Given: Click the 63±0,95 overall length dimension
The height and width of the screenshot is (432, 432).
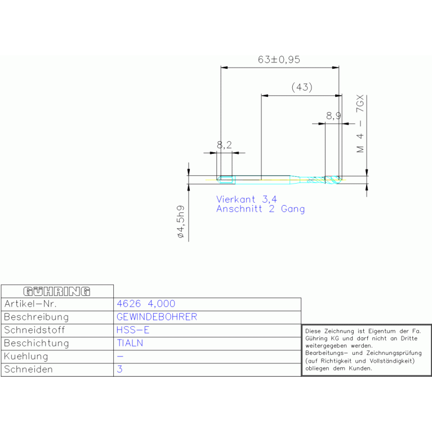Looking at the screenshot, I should pos(279,60).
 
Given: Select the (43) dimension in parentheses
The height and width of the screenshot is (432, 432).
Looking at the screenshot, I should pos(301,87).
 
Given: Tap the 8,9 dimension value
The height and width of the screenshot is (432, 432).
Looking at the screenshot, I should pos(333,116).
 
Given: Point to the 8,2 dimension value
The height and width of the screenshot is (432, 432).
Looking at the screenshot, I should pos(224,145).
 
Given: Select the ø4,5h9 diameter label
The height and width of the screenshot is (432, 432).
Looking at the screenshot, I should pos(181,223).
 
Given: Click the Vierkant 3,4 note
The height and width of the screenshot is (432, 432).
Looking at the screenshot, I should pos(246,199).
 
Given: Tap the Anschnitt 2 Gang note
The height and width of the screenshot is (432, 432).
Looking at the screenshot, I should pos(260,209).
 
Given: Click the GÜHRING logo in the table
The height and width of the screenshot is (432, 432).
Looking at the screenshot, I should pos(57,291).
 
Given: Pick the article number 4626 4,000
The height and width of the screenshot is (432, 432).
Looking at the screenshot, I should pos(145,304).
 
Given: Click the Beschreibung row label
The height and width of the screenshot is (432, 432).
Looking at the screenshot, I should pos(36,317).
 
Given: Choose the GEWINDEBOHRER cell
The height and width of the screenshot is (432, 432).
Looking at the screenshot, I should pos(157,317).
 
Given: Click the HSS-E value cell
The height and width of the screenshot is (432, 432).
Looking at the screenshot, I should pos(133,330).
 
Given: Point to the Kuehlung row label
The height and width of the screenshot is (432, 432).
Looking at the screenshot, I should pos(26,357).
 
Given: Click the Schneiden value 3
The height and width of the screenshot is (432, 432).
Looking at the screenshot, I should pos(119,369).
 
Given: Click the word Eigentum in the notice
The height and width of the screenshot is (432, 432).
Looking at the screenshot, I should pos(375,332).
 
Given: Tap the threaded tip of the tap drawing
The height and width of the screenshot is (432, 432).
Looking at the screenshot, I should pos(333,180).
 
